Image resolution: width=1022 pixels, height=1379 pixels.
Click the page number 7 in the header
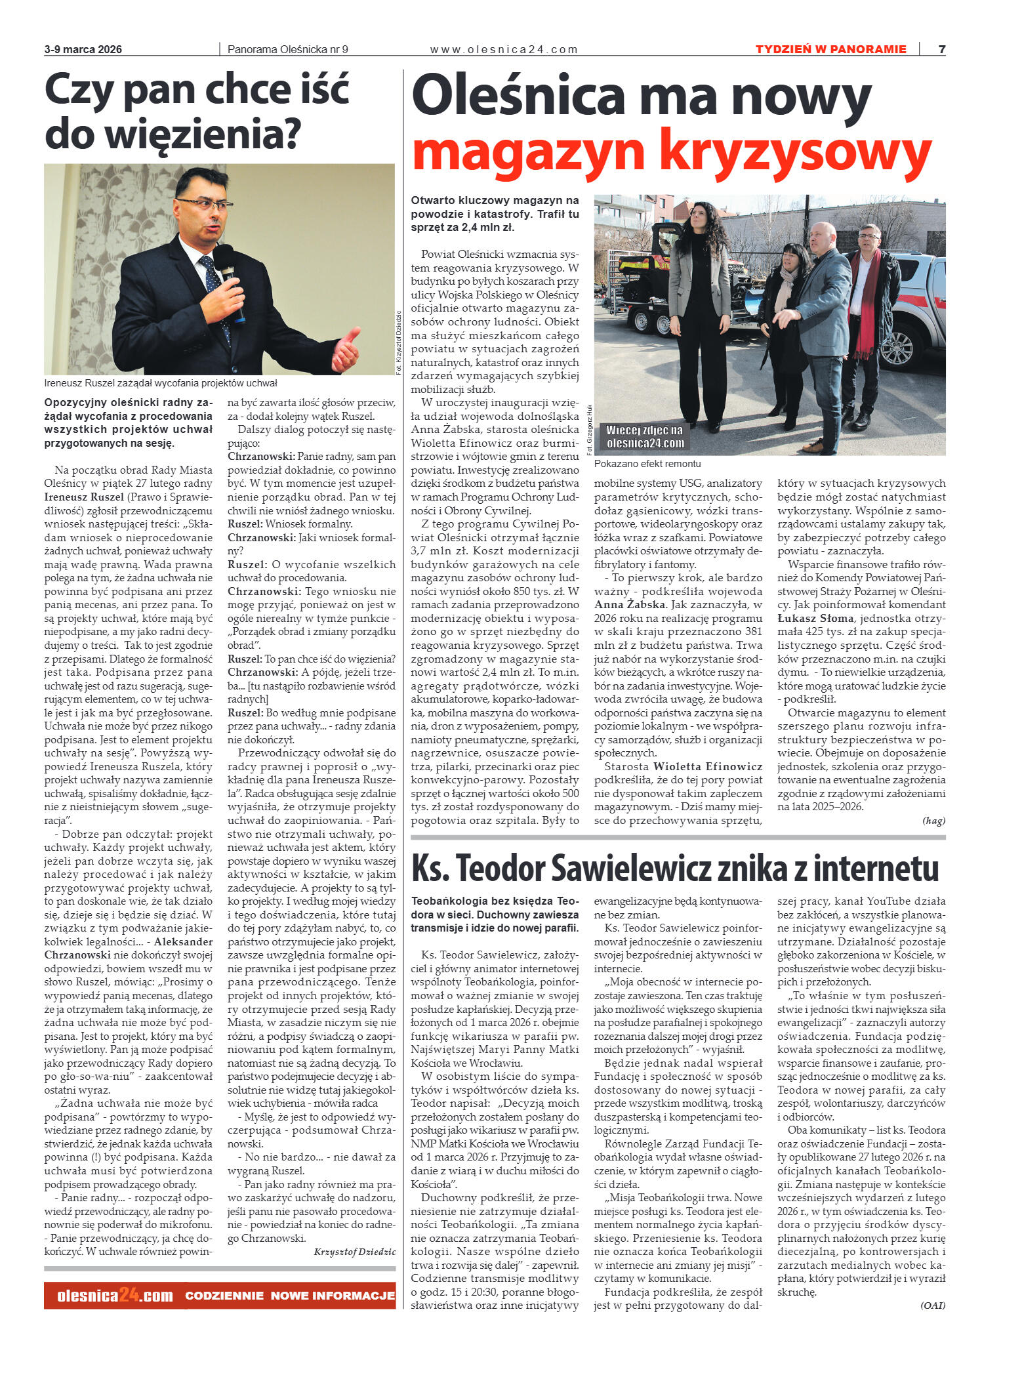[941, 49]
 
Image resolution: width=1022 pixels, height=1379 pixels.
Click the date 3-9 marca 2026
[83, 49]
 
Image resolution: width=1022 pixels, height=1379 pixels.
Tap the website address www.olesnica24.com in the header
[504, 49]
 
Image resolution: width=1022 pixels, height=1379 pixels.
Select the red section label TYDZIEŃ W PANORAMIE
[830, 49]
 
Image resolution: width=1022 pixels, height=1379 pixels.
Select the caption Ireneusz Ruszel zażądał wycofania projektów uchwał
[161, 383]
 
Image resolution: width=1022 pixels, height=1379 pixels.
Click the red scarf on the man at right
[867, 302]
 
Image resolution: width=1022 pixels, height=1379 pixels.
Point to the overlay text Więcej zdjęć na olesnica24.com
[644, 437]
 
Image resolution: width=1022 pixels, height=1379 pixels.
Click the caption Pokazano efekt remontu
[647, 464]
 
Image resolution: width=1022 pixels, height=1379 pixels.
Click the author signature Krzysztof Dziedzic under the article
[354, 1252]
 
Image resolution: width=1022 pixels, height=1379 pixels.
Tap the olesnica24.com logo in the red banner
[115, 1296]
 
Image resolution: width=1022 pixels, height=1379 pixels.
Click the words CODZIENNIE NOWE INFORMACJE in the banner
[290, 1296]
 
